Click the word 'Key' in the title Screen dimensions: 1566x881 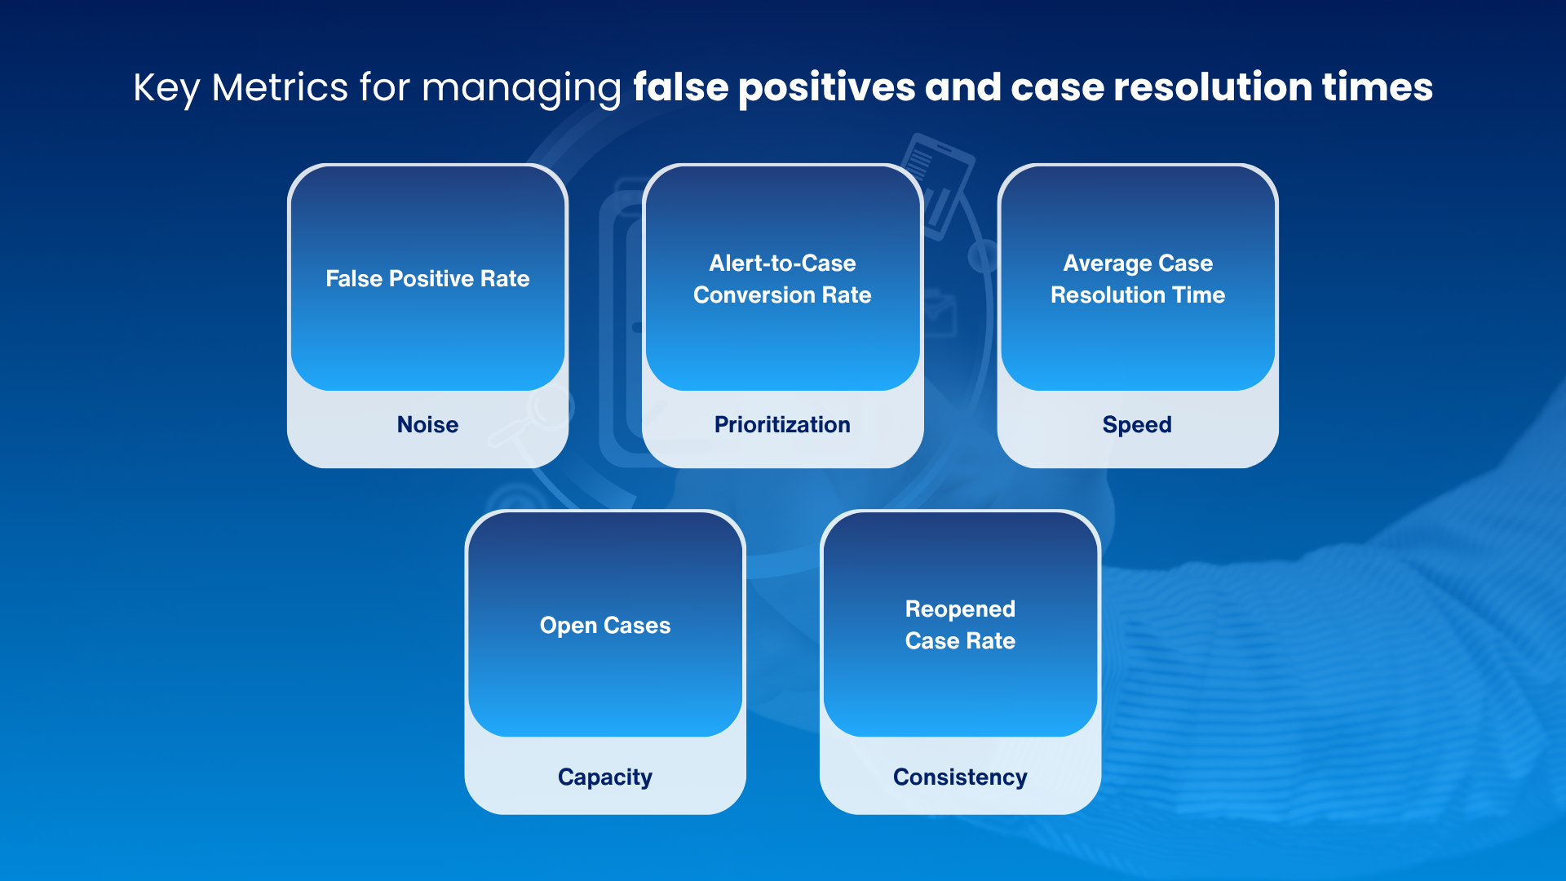166,88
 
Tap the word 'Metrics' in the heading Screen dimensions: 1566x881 280,87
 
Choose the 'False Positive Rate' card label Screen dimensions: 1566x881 427,279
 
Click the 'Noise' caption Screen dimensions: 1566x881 427,425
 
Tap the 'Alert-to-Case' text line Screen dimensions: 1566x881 782,263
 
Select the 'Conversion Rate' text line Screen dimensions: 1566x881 782,295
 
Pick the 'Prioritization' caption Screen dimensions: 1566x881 782,425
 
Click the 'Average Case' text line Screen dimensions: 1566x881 1138,264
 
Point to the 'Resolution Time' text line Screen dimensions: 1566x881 1138,295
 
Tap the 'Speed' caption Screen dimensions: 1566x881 1137,426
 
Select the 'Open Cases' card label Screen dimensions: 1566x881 605,626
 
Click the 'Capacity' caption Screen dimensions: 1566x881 605,778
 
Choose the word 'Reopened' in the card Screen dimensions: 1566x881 960,610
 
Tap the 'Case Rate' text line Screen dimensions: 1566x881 960,641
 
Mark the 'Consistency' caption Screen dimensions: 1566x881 960,778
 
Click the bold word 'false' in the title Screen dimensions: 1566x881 681,87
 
